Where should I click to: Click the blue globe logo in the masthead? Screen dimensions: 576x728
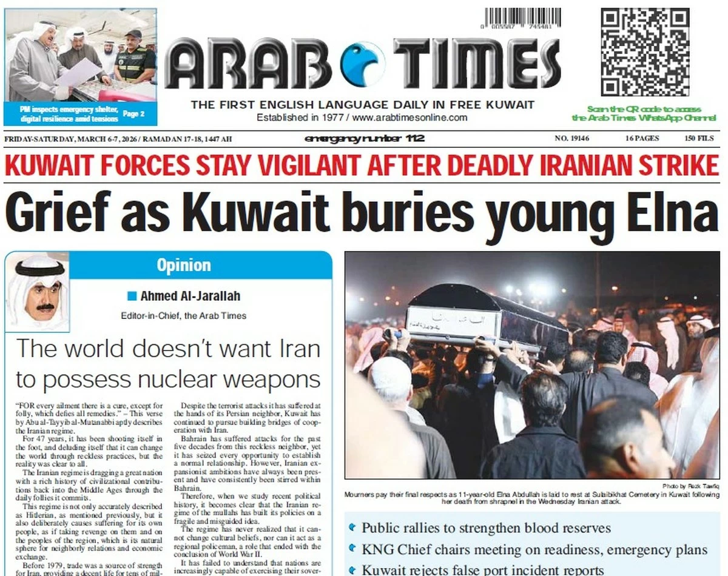tap(363, 64)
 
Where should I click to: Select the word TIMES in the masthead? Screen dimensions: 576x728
tap(476, 64)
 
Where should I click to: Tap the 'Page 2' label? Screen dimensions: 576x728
tap(133, 113)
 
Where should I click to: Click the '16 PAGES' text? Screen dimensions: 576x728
tap(642, 139)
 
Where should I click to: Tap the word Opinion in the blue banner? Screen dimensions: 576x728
tap(184, 265)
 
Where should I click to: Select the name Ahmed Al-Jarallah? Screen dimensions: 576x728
tap(190, 296)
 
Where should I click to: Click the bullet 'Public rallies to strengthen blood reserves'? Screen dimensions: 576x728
tap(485, 528)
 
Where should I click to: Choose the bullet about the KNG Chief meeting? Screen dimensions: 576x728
tap(534, 550)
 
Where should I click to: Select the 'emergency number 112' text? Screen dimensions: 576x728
tap(364, 139)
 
